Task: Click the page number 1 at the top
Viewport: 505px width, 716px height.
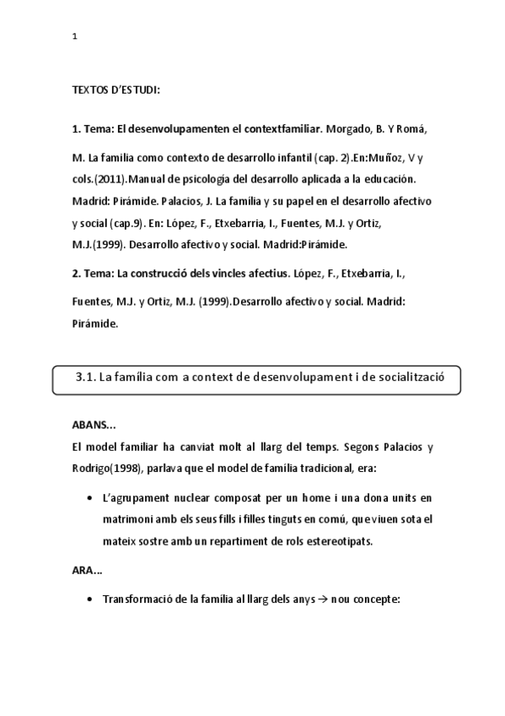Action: pyautogui.click(x=75, y=36)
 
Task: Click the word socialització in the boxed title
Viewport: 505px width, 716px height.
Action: pyautogui.click(x=408, y=378)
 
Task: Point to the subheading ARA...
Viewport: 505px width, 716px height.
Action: pyautogui.click(x=87, y=572)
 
